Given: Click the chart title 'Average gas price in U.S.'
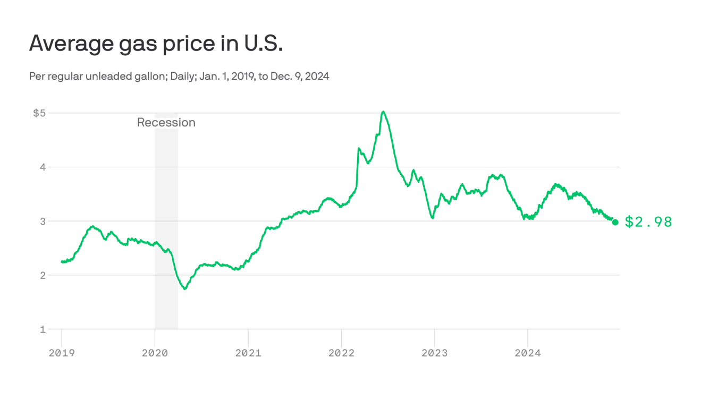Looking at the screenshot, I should click(x=156, y=43).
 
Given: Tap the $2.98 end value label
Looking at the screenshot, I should click(x=648, y=222).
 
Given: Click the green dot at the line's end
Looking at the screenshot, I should click(x=615, y=222).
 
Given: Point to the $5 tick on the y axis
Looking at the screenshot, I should click(x=39, y=113).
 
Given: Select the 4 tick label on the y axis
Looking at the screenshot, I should click(x=43, y=167).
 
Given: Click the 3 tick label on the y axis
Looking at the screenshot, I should click(x=43, y=221).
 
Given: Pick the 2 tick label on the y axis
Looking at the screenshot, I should click(x=43, y=275).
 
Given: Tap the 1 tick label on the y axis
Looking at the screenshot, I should click(x=43, y=329).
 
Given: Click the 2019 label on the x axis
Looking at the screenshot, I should click(x=62, y=353).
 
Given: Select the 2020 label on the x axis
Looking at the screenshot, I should click(x=155, y=353).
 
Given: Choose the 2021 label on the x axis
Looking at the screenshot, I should click(x=248, y=353).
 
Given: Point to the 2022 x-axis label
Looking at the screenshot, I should click(x=342, y=353).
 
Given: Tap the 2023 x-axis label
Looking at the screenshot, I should click(x=435, y=353).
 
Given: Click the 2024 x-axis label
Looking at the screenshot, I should click(x=528, y=353).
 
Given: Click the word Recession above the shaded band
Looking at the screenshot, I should click(x=166, y=123).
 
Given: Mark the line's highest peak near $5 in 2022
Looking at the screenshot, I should click(x=383, y=112).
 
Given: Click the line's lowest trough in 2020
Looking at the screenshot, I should click(x=184, y=288).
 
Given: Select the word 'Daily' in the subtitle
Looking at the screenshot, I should click(x=182, y=76).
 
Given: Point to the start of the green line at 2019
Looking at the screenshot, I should click(x=62, y=261).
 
